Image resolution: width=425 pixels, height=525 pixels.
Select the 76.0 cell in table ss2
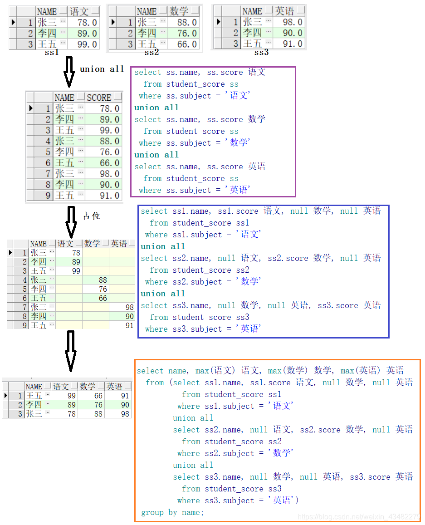point(183,33)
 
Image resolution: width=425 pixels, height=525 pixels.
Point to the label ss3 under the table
point(261,53)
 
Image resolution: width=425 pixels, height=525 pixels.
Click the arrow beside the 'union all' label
point(69,72)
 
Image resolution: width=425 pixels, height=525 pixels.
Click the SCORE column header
point(99,98)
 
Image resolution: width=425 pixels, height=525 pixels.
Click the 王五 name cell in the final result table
point(34,396)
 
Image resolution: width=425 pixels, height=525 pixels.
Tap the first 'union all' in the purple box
point(156,108)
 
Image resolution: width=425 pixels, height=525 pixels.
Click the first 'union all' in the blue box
point(163,246)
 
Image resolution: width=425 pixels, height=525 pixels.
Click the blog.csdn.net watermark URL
point(358,517)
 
